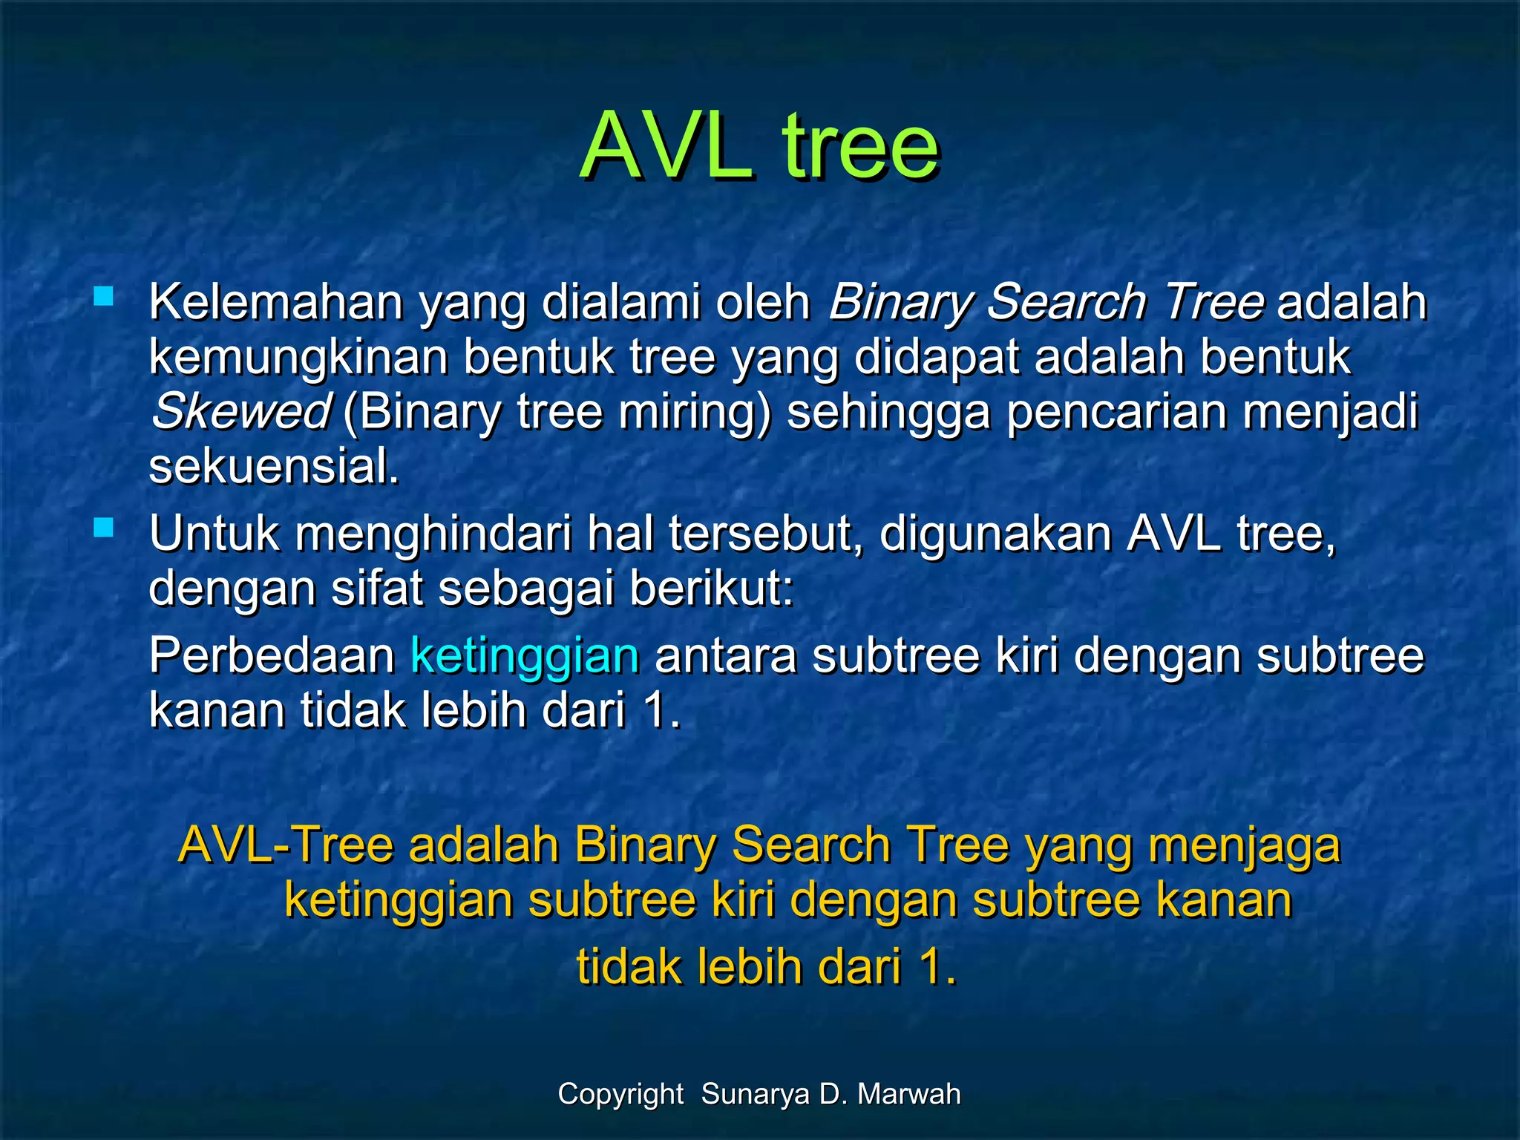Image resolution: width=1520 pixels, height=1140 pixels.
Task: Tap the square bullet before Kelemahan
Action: click(103, 298)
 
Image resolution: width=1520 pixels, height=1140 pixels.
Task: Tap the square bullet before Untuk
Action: click(103, 528)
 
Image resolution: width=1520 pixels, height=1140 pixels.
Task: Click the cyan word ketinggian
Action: click(525, 656)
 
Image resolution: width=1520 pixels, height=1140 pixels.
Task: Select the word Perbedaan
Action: click(272, 656)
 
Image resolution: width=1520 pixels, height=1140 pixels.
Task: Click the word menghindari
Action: click(433, 534)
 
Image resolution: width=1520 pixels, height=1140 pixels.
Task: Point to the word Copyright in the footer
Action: click(620, 1094)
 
